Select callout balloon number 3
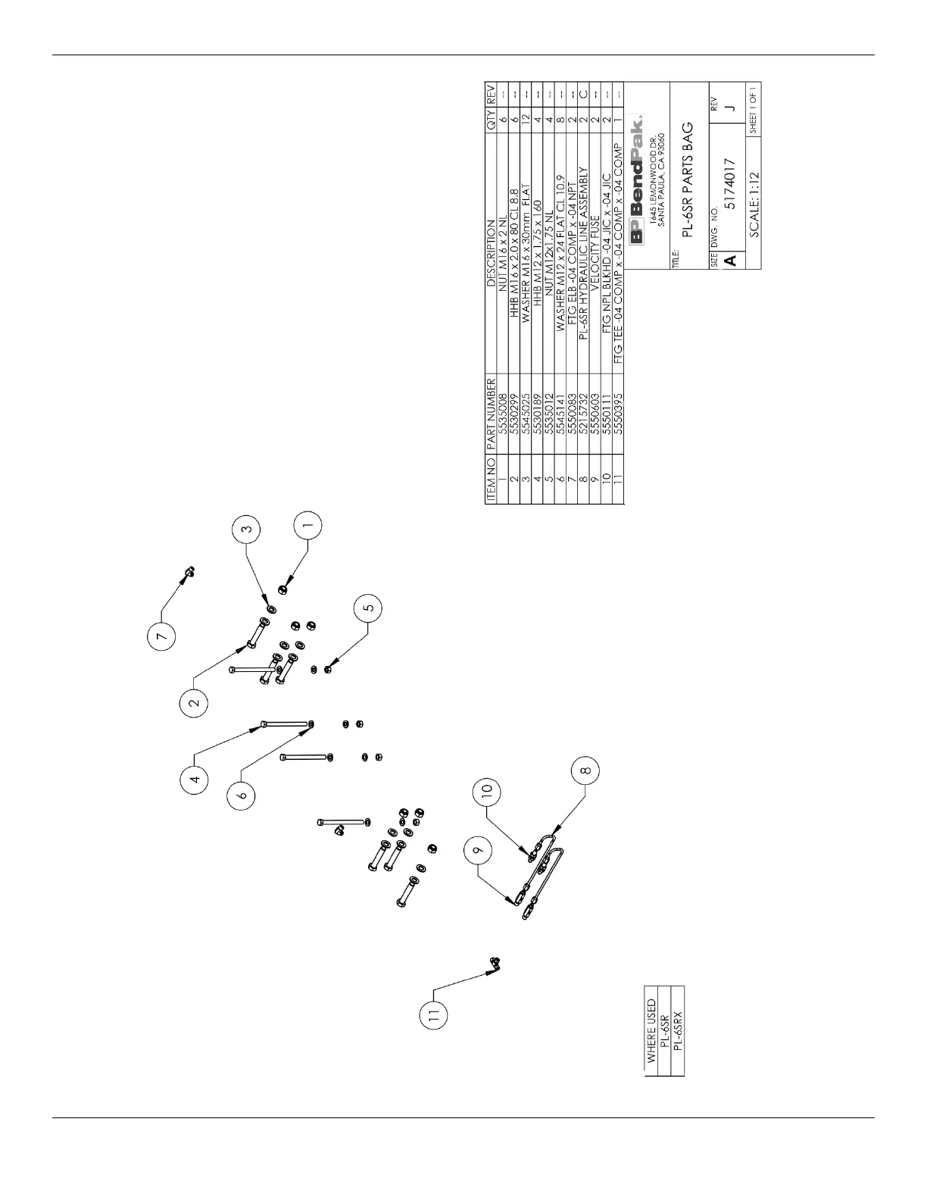click(x=246, y=530)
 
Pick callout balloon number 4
click(x=195, y=779)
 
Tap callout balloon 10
click(x=487, y=790)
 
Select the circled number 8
click(x=584, y=772)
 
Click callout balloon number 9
click(x=477, y=852)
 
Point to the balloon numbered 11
click(x=434, y=1018)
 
